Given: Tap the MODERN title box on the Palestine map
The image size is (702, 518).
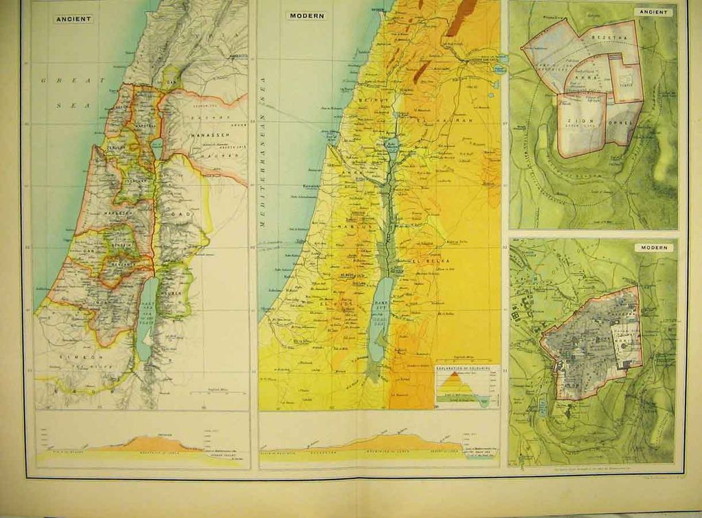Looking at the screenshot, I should [306, 15].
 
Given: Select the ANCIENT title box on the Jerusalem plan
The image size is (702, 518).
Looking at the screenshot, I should [653, 12].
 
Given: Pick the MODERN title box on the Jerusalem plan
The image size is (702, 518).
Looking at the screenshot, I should [653, 248].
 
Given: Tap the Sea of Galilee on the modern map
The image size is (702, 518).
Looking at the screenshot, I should [393, 145].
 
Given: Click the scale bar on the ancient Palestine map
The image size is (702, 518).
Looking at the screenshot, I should [217, 392].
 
